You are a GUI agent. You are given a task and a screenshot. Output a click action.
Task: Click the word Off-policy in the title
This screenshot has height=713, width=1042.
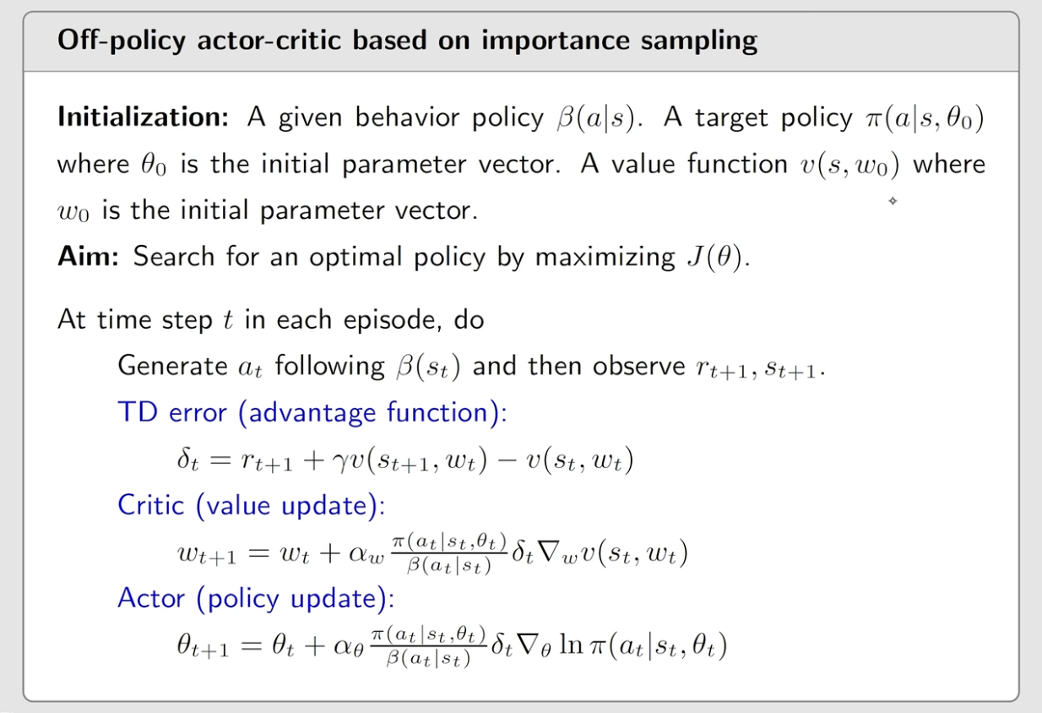pos(122,41)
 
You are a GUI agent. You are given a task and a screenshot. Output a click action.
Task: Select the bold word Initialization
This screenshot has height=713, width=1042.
pos(144,117)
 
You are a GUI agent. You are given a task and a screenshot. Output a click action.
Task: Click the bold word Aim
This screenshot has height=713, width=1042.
pos(88,256)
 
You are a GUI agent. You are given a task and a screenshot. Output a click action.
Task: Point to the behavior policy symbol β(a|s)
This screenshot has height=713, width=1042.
pos(596,118)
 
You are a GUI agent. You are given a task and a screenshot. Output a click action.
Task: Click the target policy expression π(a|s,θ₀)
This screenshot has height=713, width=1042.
pos(925,118)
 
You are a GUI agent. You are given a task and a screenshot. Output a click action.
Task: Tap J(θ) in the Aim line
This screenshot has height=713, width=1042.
pos(715,257)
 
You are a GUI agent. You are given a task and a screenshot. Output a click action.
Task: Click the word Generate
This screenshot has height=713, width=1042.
pos(172,367)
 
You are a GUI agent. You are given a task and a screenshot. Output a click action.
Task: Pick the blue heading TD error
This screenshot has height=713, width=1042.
pos(172,412)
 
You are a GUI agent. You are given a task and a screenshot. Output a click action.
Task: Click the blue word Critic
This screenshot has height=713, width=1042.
pos(151,505)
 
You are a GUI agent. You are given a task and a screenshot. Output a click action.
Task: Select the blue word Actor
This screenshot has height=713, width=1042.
pos(151,597)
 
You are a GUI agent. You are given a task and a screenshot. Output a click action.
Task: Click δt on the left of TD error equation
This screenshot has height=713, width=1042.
pos(187,460)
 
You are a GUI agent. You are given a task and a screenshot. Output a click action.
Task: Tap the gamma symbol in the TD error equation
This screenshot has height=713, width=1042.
pos(339,462)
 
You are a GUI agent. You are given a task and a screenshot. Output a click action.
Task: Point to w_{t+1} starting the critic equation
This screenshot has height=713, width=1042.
pos(207,554)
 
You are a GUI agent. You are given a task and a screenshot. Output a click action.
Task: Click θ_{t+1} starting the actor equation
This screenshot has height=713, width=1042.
pos(203,646)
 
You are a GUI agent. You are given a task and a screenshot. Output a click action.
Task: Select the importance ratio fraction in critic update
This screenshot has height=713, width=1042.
pos(449,554)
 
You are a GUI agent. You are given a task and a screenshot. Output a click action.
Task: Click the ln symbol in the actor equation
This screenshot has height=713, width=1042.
pos(571,645)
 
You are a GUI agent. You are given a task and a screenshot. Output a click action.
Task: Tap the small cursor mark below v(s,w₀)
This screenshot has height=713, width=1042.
pos(893,201)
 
